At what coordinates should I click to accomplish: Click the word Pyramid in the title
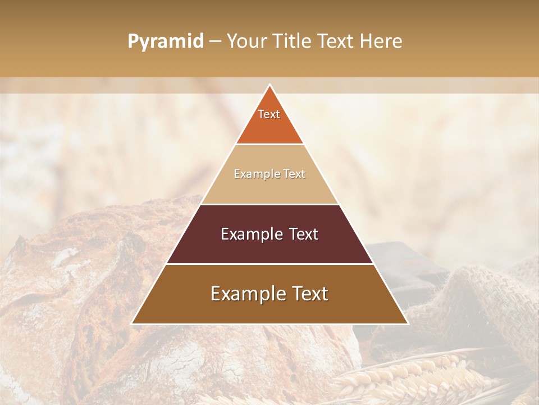[166, 42]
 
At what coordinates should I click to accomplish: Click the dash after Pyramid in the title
[215, 42]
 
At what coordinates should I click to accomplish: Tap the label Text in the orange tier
[269, 114]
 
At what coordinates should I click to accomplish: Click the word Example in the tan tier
[252, 174]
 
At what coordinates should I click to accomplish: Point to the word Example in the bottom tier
[245, 294]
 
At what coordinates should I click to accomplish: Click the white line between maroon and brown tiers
[269, 264]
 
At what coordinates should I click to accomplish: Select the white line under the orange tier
[269, 144]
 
